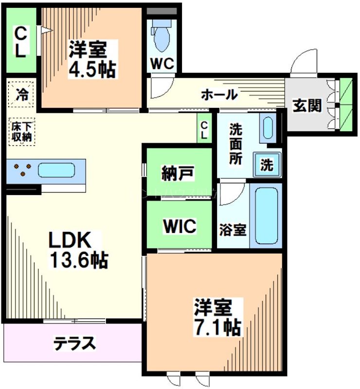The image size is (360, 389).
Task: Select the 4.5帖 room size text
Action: click(x=92, y=70)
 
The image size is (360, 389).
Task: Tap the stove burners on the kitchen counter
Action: click(x=22, y=170)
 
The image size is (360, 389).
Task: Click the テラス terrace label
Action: click(x=74, y=343)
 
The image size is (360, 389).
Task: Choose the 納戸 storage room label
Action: click(x=179, y=173)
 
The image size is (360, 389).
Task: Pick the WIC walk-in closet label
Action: click(x=179, y=226)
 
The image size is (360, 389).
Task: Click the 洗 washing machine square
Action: click(x=266, y=165)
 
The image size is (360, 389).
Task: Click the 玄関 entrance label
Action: click(x=307, y=105)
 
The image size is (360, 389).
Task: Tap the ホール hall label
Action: click(x=219, y=94)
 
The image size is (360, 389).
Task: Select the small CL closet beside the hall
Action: click(x=204, y=130)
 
